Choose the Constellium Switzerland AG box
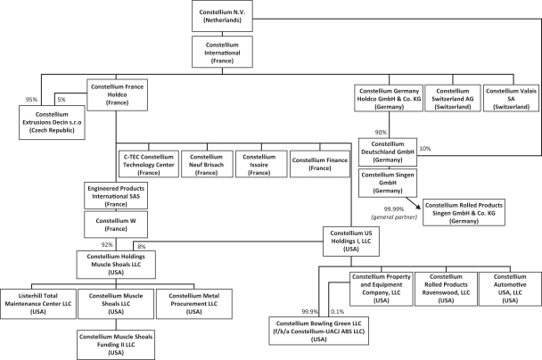click(x=451, y=96)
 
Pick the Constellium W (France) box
click(x=116, y=223)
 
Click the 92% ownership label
click(x=107, y=243)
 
